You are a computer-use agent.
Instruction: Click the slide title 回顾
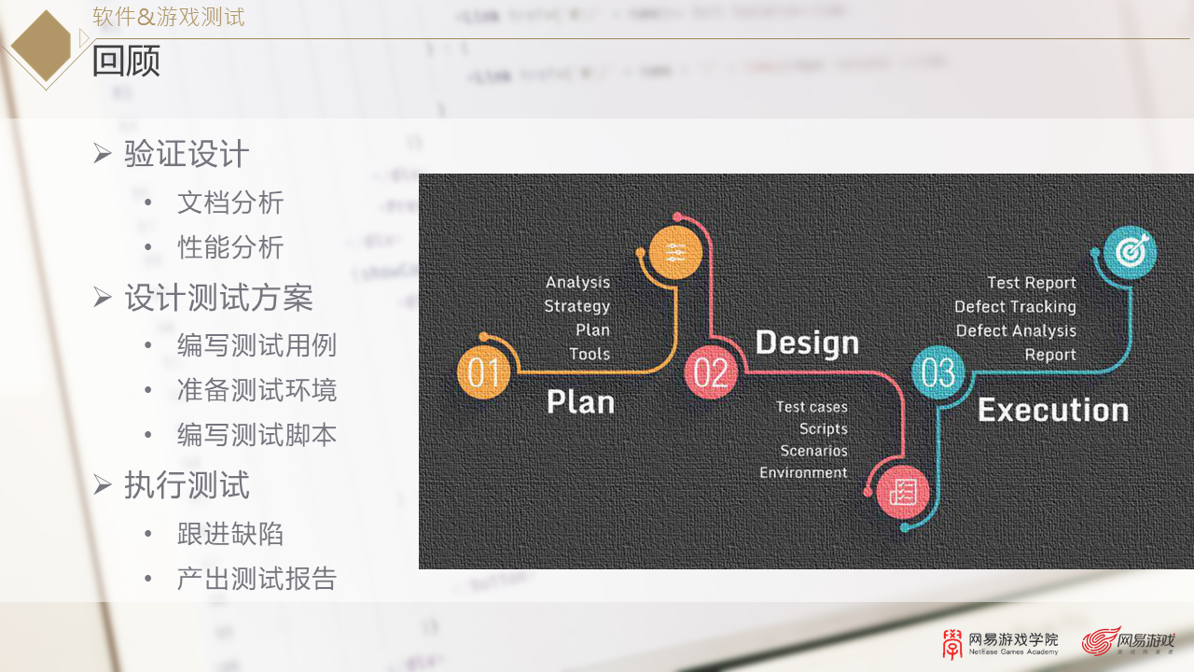(x=126, y=62)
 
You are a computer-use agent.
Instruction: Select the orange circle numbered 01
(x=483, y=372)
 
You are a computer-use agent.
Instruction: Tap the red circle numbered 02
(x=711, y=372)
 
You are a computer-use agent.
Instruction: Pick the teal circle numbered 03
(x=937, y=372)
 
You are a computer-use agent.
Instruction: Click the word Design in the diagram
(x=806, y=343)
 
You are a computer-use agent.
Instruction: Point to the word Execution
(x=1052, y=410)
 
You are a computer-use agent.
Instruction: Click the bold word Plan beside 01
(x=580, y=401)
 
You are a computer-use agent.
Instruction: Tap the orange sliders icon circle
(x=675, y=252)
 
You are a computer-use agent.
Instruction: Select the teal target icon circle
(x=1130, y=252)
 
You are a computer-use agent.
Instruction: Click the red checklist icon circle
(x=903, y=491)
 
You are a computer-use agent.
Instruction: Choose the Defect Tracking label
(x=1015, y=306)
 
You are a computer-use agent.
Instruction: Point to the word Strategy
(x=576, y=306)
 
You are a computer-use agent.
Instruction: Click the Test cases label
(x=812, y=407)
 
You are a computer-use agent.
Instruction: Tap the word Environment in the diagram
(x=803, y=472)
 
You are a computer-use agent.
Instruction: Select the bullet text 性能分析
(x=230, y=247)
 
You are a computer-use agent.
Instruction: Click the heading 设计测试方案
(x=218, y=298)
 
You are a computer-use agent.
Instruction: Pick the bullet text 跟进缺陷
(x=230, y=534)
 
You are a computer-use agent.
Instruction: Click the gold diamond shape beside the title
(x=42, y=46)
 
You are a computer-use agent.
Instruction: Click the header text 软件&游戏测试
(x=169, y=17)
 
